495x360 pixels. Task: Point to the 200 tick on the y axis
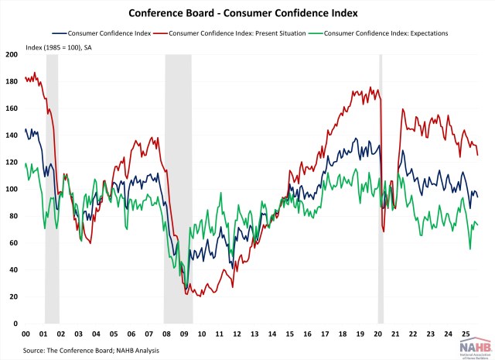(12, 55)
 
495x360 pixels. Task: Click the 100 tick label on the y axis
(12, 189)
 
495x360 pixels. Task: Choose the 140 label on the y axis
(12, 135)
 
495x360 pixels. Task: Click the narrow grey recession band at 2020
(381, 186)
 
